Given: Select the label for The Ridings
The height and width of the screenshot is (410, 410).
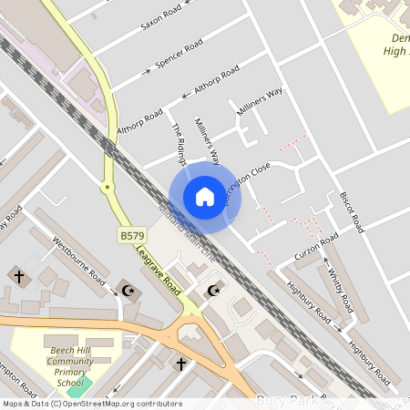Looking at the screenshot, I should point(180,139).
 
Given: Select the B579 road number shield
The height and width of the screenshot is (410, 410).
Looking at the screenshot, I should point(132,235).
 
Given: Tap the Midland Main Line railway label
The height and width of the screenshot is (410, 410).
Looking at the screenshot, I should point(186,232).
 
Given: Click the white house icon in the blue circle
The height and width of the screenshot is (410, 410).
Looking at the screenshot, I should point(204,197).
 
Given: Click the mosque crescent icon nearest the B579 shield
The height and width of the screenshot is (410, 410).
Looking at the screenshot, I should point(127,289).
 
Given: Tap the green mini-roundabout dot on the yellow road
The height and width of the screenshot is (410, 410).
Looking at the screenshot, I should point(107,187).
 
